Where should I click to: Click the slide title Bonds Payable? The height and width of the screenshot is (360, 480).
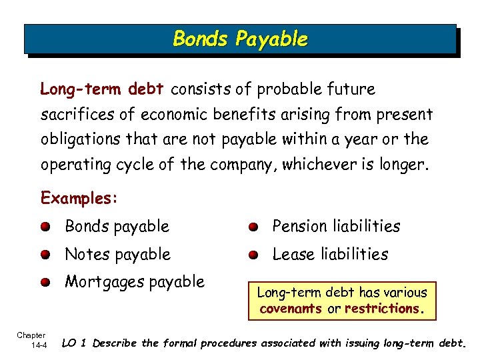240,39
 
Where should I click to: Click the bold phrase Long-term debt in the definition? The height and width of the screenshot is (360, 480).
103,89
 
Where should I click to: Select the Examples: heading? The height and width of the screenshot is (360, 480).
79,198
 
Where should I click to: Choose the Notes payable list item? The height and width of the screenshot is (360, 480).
117,254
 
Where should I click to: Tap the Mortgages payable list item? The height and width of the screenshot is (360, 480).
134,282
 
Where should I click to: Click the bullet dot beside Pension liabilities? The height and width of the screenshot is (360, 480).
254,227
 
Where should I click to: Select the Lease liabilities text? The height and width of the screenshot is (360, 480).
330,254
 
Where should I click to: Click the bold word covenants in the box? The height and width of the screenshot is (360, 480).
291,309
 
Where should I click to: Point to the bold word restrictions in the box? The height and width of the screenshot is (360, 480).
382,309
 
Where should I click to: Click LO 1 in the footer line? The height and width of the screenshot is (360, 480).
75,344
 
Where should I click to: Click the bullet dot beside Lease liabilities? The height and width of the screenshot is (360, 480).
254,255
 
